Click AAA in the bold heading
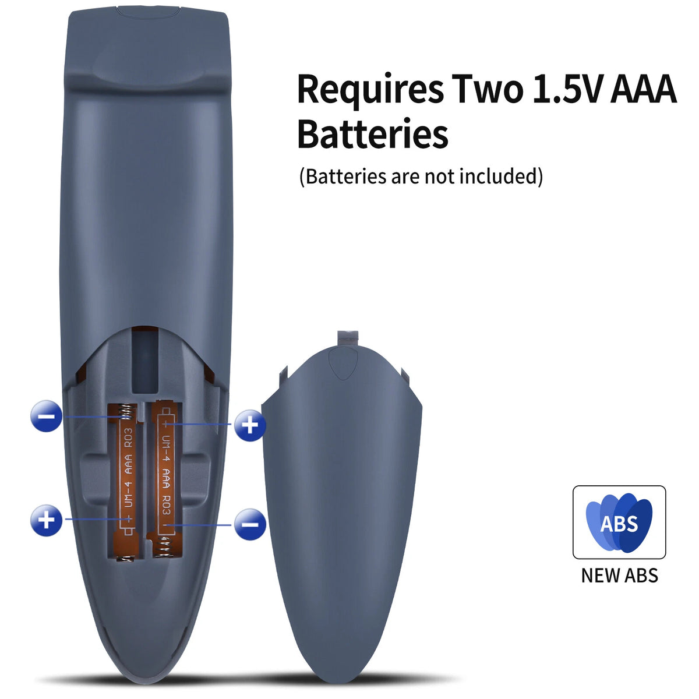pyautogui.click(x=643, y=89)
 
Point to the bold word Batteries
pyautogui.click(x=373, y=134)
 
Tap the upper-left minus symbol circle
pyautogui.click(x=46, y=416)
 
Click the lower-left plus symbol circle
pyautogui.click(x=46, y=520)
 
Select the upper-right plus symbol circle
pyautogui.click(x=250, y=425)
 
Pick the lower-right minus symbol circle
pyautogui.click(x=250, y=524)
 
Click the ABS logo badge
pyautogui.click(x=619, y=523)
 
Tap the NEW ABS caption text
pyautogui.click(x=619, y=576)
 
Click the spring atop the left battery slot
pyautogui.click(x=126, y=412)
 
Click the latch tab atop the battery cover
pyautogui.click(x=348, y=339)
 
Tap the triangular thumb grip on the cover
pyautogui.click(x=343, y=363)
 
